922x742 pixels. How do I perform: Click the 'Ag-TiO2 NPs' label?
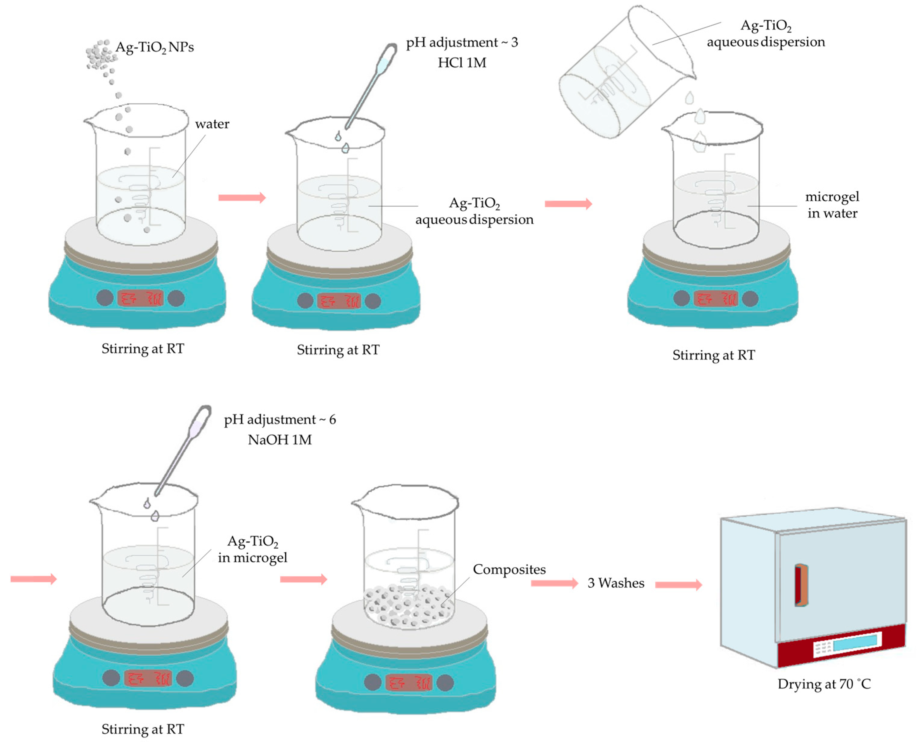(154, 47)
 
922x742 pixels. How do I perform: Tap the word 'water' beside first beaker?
(212, 124)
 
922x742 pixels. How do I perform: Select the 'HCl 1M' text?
(462, 63)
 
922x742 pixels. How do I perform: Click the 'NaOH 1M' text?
(280, 440)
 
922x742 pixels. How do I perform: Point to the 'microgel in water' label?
(832, 205)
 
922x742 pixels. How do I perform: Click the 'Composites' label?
(509, 569)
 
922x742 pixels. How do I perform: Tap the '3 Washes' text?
(615, 583)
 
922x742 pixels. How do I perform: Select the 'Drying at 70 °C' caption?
(824, 684)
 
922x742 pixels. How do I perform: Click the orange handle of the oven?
(801, 585)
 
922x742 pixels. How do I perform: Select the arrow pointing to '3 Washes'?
(554, 583)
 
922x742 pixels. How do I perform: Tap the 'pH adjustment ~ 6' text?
(280, 420)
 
